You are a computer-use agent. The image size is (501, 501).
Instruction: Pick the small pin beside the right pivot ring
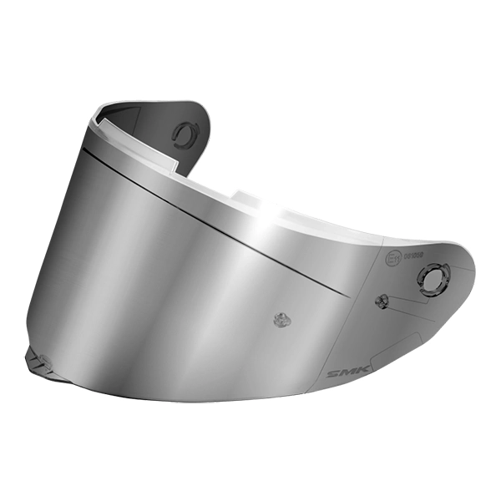[381, 301]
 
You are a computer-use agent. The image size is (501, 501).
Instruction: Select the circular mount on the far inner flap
[183, 133]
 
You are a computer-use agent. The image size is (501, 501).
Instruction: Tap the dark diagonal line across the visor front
[217, 221]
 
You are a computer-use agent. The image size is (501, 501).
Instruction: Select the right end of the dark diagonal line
[348, 295]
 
